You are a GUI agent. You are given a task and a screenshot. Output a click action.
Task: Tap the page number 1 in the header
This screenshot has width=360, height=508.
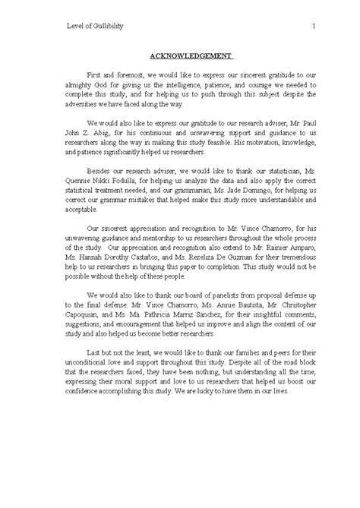313,27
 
